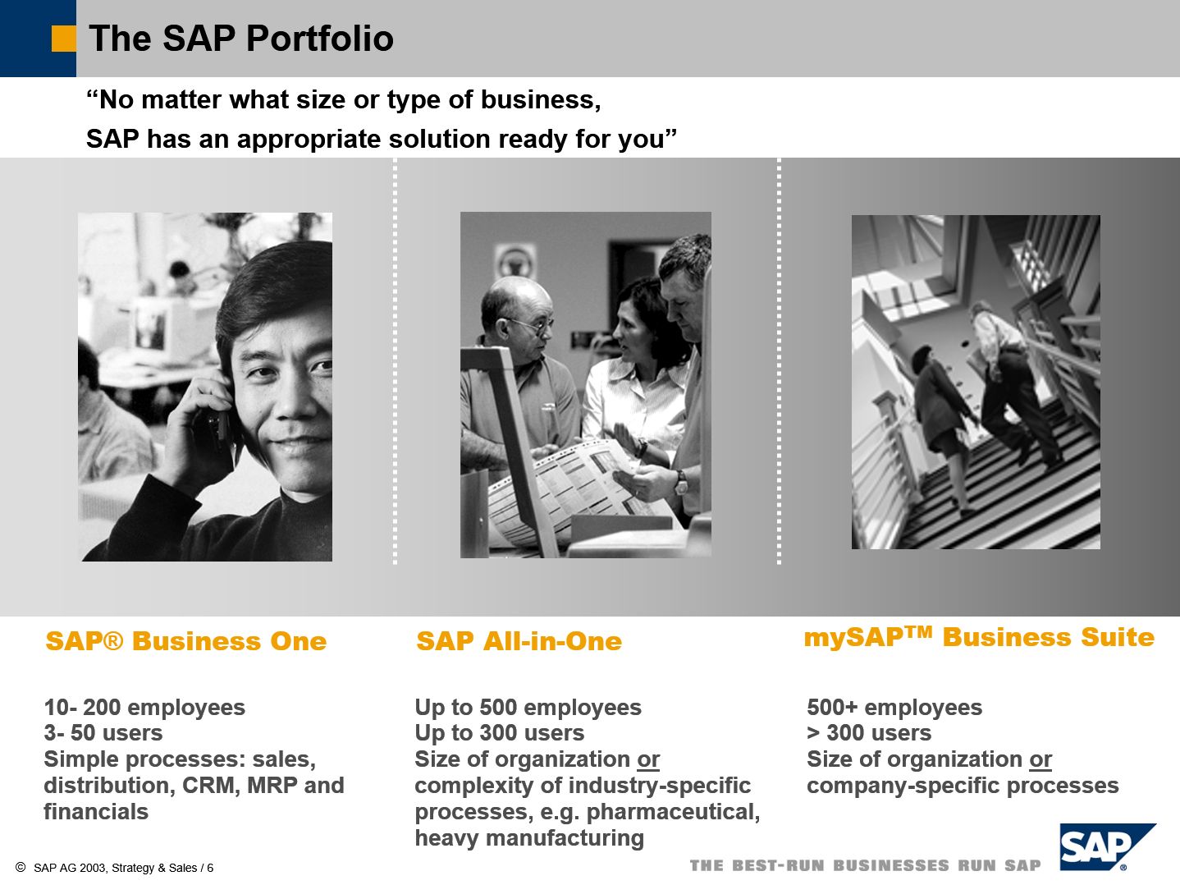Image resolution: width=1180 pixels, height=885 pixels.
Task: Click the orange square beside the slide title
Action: click(63, 39)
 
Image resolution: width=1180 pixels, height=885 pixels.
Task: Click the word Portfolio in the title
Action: click(320, 39)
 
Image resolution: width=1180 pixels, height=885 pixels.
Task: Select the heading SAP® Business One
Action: click(186, 641)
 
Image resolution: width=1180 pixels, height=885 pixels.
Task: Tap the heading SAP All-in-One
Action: click(519, 641)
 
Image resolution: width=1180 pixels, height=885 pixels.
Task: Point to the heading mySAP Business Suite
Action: click(979, 637)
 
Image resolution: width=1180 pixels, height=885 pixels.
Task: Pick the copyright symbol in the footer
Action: click(21, 867)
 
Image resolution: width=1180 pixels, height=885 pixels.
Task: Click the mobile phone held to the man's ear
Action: click(219, 424)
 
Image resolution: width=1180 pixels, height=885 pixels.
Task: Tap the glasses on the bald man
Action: click(529, 324)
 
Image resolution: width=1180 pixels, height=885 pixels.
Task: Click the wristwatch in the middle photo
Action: click(680, 482)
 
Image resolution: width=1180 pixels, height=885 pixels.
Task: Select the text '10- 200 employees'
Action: click(144, 707)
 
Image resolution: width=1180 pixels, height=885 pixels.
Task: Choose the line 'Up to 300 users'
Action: click(500, 733)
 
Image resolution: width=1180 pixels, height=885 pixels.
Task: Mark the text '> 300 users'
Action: click(869, 733)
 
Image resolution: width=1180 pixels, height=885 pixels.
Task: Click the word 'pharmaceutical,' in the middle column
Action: click(673, 813)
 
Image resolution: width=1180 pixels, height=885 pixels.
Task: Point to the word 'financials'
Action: click(96, 812)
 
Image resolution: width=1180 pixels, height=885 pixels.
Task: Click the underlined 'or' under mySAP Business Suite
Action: click(1041, 759)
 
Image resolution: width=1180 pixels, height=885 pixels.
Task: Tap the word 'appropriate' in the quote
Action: click(309, 140)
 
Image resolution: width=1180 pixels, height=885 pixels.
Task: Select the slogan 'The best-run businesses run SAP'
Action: click(866, 865)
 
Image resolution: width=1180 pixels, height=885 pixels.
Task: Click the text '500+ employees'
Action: click(894, 707)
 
